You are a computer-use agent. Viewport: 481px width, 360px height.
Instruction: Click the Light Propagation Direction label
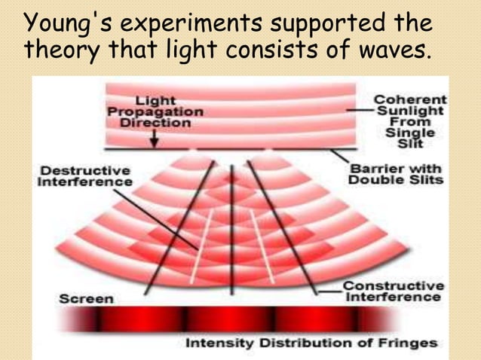coord(155,111)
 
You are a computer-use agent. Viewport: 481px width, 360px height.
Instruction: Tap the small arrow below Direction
coord(154,139)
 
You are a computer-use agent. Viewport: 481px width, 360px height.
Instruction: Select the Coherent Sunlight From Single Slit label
coord(410,121)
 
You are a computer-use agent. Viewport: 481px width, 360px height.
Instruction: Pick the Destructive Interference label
coord(85,176)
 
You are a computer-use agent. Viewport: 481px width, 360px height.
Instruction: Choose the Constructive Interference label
coord(393,291)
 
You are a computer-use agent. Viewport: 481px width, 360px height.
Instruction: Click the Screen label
coord(87,298)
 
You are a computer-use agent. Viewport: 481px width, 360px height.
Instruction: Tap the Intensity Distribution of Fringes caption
coord(311,343)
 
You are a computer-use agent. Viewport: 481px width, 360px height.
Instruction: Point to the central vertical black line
coord(232,226)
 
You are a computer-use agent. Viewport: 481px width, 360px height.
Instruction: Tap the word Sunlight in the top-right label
coord(412,110)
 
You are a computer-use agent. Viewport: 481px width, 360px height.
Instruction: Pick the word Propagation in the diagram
coord(155,111)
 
